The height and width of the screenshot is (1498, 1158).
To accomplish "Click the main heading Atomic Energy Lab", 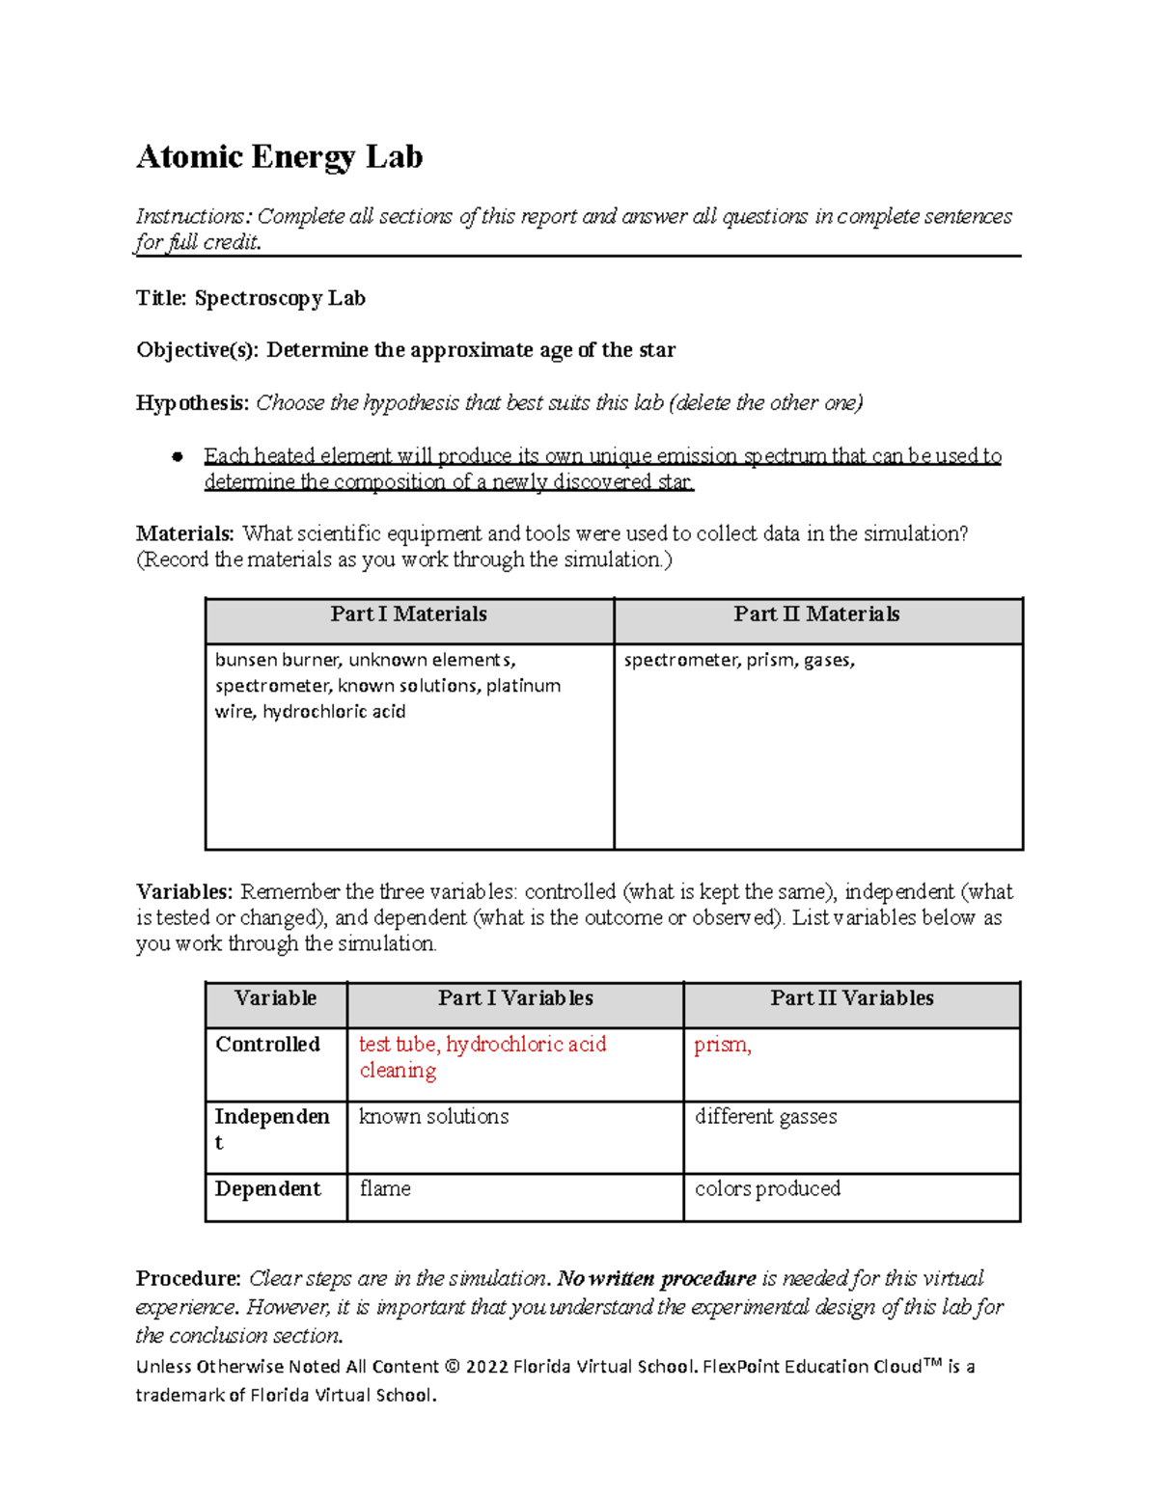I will [279, 156].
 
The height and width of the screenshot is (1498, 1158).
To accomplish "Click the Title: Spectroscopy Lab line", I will [251, 298].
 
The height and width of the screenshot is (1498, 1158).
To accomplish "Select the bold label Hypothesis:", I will [192, 402].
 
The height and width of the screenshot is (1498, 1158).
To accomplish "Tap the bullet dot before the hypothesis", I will [178, 456].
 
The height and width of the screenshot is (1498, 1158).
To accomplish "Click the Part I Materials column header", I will [408, 614].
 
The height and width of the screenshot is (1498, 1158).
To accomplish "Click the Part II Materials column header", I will [816, 614].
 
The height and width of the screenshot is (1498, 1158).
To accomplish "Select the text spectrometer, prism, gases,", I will [739, 660].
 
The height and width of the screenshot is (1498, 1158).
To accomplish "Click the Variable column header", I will [275, 998].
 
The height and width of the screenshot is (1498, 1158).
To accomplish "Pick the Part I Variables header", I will [515, 998].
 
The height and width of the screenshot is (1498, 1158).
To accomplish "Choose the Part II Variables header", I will [851, 998].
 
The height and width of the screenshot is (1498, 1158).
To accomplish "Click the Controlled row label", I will [267, 1045].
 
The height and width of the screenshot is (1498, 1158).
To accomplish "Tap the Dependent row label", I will [267, 1189].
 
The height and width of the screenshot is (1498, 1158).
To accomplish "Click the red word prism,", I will [722, 1045].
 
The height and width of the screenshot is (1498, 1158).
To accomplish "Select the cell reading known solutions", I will [433, 1117].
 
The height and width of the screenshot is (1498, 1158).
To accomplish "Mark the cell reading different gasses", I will [765, 1117].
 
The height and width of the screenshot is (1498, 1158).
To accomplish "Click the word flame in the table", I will [385, 1189].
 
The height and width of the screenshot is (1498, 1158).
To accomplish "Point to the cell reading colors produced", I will [767, 1189].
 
